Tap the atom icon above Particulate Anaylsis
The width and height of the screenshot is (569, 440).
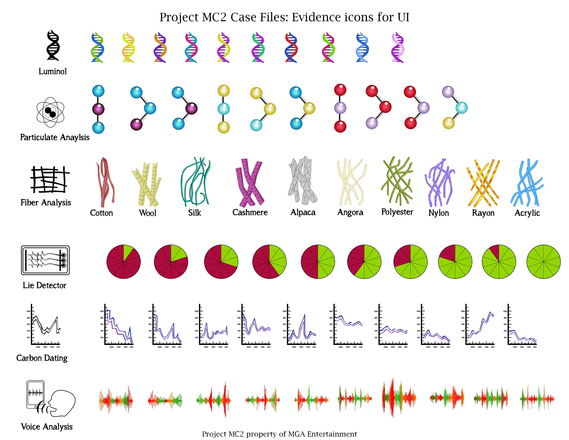coord(50,112)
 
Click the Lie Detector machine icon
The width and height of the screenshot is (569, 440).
coord(45,260)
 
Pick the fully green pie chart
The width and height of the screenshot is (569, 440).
coord(543,262)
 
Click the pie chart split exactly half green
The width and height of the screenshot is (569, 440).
coord(318,262)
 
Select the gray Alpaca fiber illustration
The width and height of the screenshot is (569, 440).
coord(302,181)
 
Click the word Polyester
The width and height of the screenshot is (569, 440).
coord(397,212)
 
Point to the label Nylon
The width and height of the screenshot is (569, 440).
coord(438,213)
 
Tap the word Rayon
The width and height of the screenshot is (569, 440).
coord(483,213)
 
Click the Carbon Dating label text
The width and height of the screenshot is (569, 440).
coord(42,358)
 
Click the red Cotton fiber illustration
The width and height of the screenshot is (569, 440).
coord(104,182)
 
